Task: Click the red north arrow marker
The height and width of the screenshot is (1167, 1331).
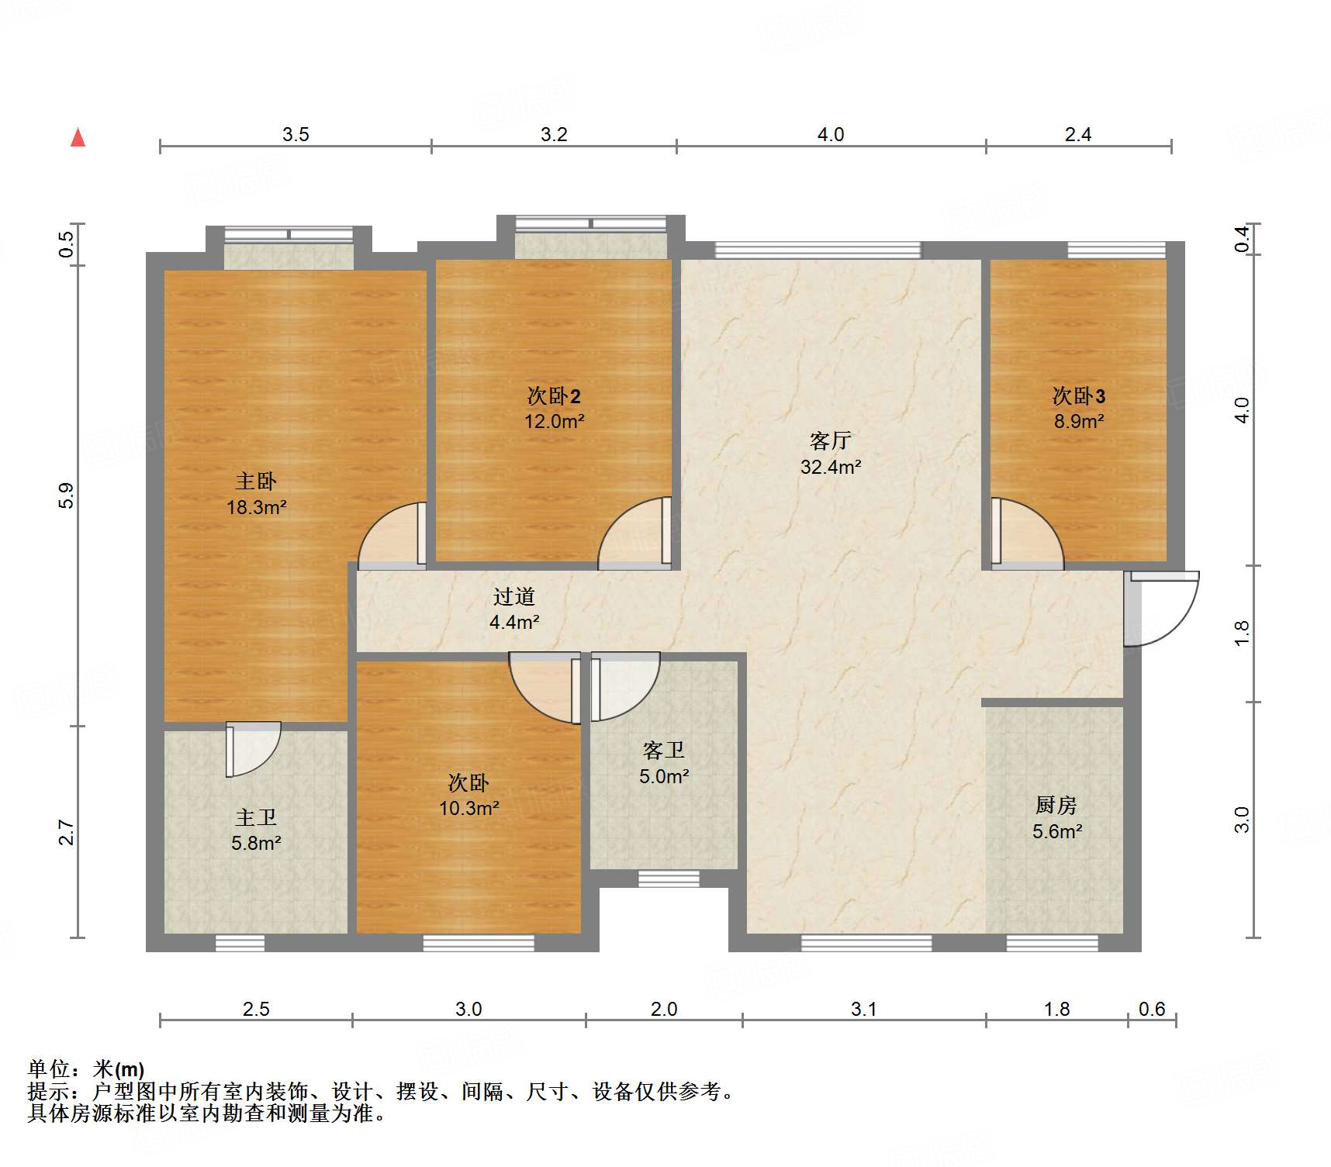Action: tap(78, 138)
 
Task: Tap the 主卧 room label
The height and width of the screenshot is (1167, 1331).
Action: tap(256, 482)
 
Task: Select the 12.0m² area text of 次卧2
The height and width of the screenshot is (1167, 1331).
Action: tap(554, 422)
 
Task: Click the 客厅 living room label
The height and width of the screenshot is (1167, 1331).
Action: tap(830, 441)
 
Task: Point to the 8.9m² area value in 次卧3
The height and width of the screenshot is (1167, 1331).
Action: tap(1078, 422)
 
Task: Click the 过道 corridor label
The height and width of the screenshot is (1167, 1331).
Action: tap(513, 596)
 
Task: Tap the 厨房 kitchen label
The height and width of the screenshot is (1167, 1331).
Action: tap(1056, 806)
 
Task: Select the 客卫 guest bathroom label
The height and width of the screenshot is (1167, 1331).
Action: tap(663, 751)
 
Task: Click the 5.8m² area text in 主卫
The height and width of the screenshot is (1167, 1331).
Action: tap(256, 843)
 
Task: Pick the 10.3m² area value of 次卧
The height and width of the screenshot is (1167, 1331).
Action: tap(468, 808)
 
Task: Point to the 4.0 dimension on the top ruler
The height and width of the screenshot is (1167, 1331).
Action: tap(830, 135)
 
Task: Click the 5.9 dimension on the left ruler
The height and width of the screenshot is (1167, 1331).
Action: tap(67, 495)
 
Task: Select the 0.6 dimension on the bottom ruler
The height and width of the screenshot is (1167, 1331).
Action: tap(1152, 1009)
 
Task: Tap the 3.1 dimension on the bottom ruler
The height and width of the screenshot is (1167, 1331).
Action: tap(863, 1009)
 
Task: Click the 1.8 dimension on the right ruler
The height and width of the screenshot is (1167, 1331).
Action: tap(1242, 633)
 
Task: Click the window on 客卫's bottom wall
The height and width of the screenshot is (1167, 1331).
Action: tap(658, 879)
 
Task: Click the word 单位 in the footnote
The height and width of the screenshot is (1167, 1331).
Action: tap(48, 1069)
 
